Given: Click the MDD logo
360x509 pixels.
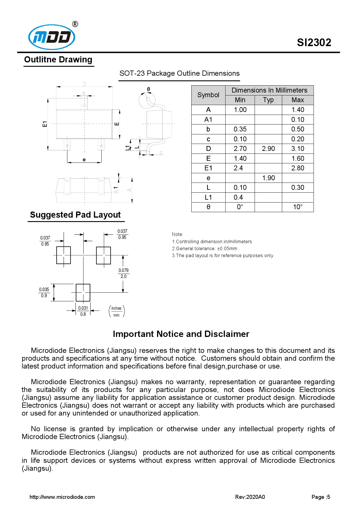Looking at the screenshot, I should (52, 37).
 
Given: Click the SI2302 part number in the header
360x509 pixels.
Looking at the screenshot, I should (314, 43).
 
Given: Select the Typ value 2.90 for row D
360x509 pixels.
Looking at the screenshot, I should (268, 149).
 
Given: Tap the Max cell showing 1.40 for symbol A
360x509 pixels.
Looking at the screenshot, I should (298, 110).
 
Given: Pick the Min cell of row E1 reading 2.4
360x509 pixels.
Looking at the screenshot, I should (238, 168).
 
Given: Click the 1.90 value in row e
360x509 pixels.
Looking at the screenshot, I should (268, 178).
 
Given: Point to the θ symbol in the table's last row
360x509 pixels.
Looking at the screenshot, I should (208, 207).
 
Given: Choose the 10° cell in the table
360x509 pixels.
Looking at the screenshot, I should (298, 207).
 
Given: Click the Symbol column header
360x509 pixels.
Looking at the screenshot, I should (208, 95).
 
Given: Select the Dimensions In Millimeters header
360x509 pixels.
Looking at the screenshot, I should (269, 90).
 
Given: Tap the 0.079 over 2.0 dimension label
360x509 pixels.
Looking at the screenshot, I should (123, 273).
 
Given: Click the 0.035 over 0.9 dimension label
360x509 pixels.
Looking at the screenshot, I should (44, 293).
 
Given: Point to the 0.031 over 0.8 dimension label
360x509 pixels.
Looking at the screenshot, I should (83, 311).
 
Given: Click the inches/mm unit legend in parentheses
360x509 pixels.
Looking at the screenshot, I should (116, 311).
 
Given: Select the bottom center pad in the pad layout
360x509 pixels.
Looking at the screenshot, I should (83, 293).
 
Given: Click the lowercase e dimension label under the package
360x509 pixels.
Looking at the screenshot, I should (84, 160).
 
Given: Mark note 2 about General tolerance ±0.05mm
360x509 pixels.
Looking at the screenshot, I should (205, 248).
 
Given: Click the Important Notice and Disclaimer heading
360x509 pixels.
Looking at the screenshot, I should (181, 334).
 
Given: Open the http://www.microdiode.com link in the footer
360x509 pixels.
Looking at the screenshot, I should (62, 497).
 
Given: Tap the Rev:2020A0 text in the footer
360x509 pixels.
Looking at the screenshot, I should (250, 497).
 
